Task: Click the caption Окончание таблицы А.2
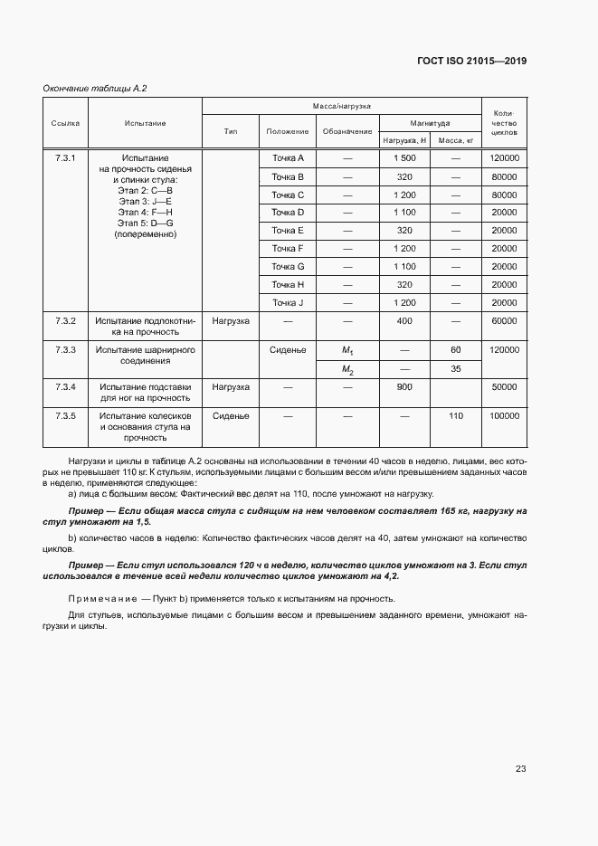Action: (x=95, y=88)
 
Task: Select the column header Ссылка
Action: (x=65, y=122)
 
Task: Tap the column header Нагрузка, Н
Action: (x=404, y=140)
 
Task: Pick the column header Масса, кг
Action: (x=456, y=140)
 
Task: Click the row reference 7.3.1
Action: (x=65, y=158)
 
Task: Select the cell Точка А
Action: (x=288, y=158)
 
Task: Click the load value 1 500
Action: (x=404, y=158)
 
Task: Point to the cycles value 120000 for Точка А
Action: (x=504, y=158)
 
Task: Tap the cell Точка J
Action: (x=288, y=301)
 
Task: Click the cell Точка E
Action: (x=288, y=230)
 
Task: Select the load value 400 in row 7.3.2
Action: (x=404, y=320)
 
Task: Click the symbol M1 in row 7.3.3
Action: (x=346, y=349)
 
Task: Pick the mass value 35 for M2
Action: (x=456, y=368)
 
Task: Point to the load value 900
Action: (x=404, y=386)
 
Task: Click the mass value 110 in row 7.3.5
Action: (x=456, y=415)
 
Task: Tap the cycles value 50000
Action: (x=504, y=386)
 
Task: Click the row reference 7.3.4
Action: (x=65, y=386)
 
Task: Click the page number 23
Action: (x=520, y=769)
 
